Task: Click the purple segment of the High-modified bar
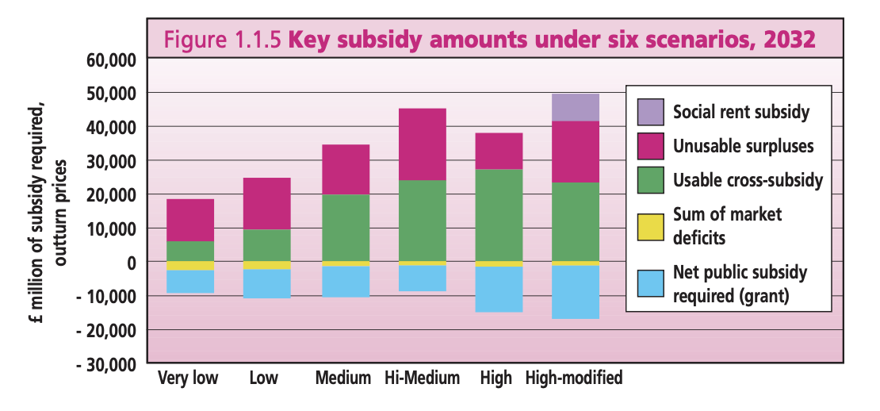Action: (575, 107)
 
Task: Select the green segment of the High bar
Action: (499, 214)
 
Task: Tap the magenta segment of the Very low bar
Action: (189, 220)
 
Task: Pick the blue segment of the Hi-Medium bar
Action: (423, 278)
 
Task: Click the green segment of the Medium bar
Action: (346, 228)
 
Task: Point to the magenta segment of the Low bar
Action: (266, 203)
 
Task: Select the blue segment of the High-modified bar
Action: (575, 292)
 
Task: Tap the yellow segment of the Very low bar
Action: (189, 266)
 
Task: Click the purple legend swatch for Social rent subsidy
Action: (651, 112)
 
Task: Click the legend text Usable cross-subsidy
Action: (748, 180)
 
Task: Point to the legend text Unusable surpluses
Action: (743, 146)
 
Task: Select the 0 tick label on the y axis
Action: (131, 263)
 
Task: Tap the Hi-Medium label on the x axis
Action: (423, 378)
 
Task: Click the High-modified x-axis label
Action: (574, 378)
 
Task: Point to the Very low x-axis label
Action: (189, 378)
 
